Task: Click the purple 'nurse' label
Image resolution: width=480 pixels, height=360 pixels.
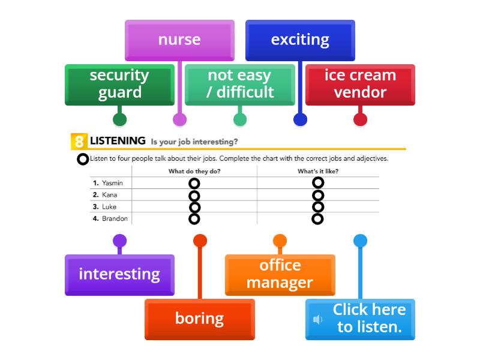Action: click(179, 40)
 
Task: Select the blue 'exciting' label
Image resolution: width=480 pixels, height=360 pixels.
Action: click(300, 40)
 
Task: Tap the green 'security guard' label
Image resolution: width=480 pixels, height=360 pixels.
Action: click(119, 84)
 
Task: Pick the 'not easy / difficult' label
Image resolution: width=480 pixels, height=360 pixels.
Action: click(240, 84)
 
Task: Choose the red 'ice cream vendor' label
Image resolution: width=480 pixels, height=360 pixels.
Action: click(360, 84)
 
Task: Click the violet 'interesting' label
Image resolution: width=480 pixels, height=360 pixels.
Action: click(119, 274)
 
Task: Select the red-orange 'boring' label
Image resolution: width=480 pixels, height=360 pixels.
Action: click(199, 319)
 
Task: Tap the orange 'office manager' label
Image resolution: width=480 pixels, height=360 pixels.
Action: click(280, 274)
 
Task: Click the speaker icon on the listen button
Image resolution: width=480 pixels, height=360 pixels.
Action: click(318, 319)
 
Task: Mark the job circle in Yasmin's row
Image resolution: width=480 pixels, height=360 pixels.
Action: click(194, 183)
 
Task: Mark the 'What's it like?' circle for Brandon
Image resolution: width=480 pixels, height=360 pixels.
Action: click(318, 218)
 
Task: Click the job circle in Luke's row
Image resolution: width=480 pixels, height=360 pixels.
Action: click(194, 207)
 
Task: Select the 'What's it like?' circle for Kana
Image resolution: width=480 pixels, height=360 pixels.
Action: click(318, 195)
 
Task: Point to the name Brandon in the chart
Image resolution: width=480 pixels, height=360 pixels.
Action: click(115, 218)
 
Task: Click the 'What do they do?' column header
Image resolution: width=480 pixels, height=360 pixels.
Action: click(194, 171)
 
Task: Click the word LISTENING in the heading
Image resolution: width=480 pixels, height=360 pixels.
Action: click(118, 141)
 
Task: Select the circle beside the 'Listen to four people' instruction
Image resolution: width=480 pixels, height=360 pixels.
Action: click(83, 159)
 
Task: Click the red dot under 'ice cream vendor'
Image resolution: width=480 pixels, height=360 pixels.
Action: click(360, 119)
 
